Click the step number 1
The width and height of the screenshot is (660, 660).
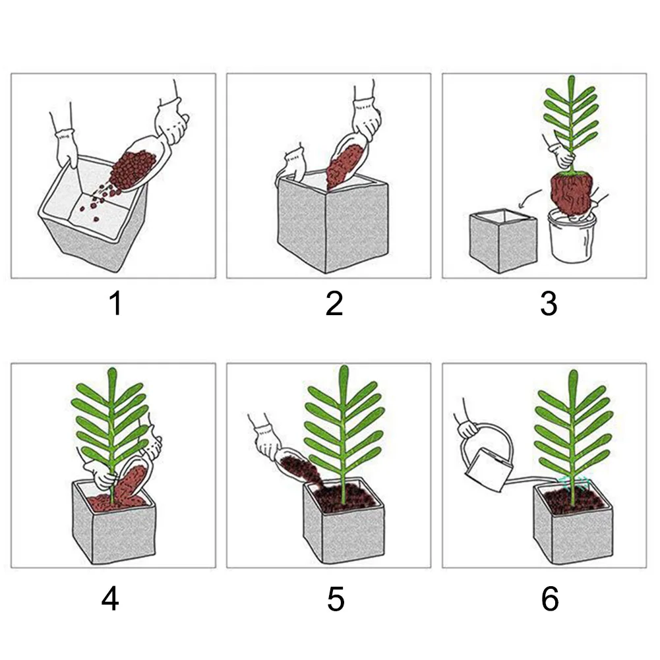115,304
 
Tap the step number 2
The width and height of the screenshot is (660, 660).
334,304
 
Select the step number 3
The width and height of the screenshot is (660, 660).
549,304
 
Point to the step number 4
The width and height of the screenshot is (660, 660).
110,599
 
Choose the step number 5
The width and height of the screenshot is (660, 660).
336,599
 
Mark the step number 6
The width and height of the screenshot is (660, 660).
550,599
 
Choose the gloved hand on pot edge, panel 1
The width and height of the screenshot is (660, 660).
67,148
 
